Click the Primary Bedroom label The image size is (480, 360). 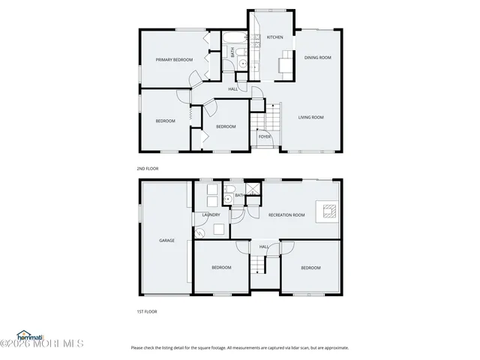click(174, 59)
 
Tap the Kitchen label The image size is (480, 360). click(274, 37)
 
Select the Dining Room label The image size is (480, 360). click(317, 57)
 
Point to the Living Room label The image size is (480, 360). click(310, 117)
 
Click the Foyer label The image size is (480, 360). click(264, 136)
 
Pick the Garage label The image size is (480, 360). click(166, 240)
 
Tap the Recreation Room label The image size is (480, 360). click(286, 215)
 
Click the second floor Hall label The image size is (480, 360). click(233, 89)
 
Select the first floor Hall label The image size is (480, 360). click(264, 246)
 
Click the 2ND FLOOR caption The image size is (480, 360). click(147, 169)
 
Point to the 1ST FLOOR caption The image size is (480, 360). click(146, 310)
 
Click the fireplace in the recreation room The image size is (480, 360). click(328, 210)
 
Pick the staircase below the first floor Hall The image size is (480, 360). click(259, 264)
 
